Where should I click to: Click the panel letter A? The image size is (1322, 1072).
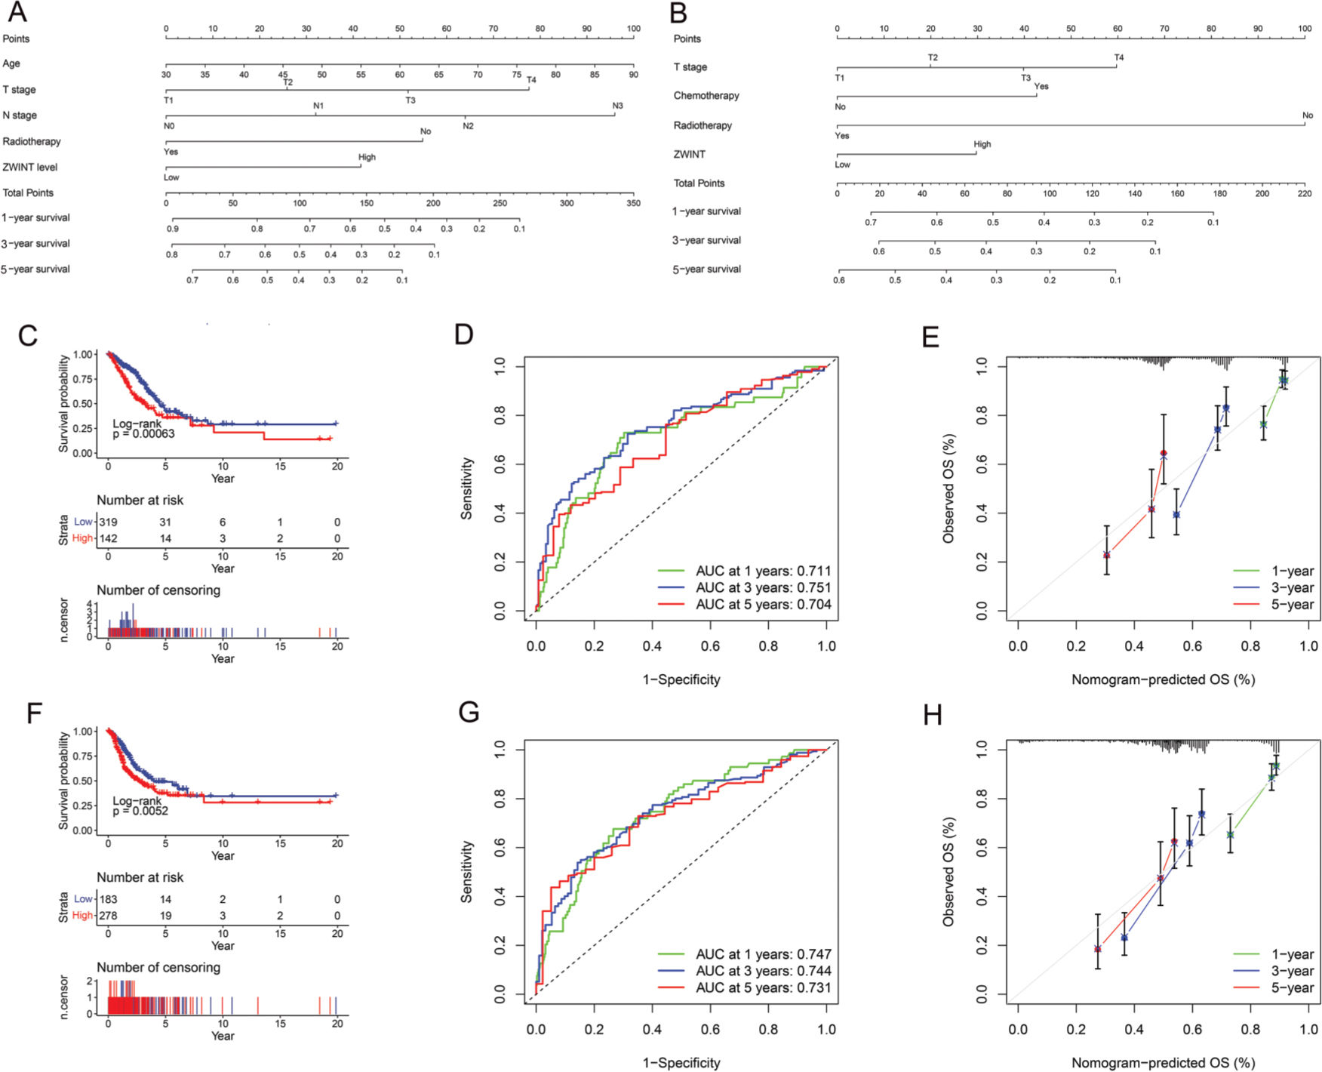coord(17,12)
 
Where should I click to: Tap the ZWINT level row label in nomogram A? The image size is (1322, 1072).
coord(30,167)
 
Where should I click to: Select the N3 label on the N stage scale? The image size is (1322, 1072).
coord(617,106)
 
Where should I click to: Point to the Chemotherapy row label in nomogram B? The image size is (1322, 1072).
coord(706,96)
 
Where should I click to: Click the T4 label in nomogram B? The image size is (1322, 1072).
coord(1119,57)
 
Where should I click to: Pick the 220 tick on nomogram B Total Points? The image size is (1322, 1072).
coord(1305,194)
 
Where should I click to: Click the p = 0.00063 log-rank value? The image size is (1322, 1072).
coord(144,434)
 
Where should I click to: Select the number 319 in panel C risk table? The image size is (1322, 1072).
coord(108,522)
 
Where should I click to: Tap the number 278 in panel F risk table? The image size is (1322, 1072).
coord(108,915)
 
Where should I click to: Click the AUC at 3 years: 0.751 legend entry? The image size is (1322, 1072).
coord(762,588)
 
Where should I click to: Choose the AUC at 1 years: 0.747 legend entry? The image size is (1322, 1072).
coord(762,954)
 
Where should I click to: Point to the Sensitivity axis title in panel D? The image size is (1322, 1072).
coord(466,488)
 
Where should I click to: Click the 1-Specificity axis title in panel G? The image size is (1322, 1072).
coord(681,1063)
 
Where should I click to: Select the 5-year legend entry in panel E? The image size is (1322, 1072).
coord(1292,605)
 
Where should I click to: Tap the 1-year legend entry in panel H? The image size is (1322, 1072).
coord(1292,954)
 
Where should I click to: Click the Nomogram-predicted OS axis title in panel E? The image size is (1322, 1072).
coord(1163,679)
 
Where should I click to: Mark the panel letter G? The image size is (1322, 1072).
coord(469,712)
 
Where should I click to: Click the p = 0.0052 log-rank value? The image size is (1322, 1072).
coord(141,811)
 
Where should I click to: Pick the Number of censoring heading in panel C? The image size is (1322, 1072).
coord(158,590)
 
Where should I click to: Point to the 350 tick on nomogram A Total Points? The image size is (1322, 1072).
coord(633,203)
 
